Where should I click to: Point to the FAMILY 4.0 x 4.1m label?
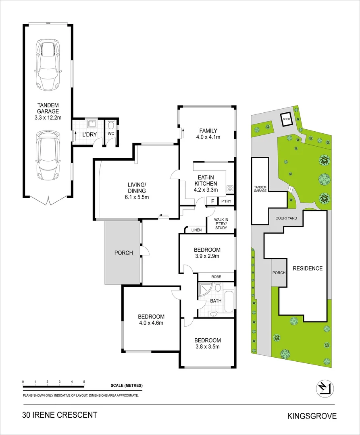208,134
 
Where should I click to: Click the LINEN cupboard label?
196,230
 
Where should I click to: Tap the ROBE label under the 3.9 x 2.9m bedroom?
216,277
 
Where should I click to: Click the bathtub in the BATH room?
229,300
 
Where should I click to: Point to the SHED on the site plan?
287,119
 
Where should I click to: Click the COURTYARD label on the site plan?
286,218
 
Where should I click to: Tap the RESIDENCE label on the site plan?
308,268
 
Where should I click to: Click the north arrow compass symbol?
325,388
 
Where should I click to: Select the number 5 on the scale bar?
84,381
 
